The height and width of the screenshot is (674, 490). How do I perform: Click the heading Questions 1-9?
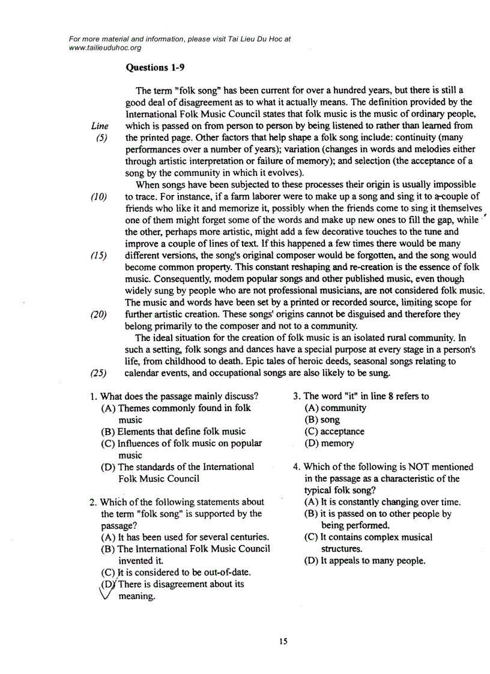155,68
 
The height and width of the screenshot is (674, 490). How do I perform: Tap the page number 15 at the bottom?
283,642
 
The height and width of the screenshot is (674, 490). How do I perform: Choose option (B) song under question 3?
322,420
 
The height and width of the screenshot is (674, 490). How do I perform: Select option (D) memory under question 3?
329,443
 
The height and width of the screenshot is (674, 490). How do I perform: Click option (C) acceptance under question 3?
334,432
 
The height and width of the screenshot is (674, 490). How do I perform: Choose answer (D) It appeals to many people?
365,561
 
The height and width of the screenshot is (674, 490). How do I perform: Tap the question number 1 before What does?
92,396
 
